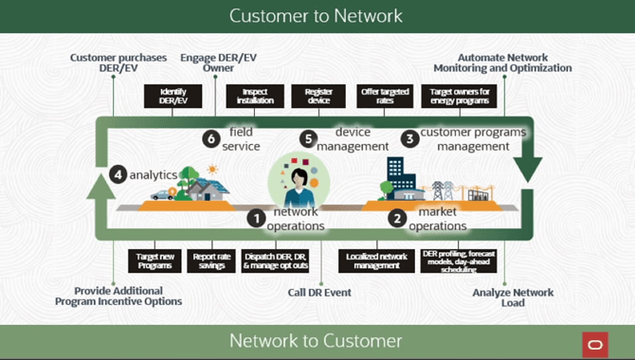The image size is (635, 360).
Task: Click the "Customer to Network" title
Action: (317, 16)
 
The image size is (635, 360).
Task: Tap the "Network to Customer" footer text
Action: (317, 340)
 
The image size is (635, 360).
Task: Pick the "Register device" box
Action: (317, 96)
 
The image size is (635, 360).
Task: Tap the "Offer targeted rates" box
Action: (384, 96)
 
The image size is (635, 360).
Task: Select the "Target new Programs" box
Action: (154, 261)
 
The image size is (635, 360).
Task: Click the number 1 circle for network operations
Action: (255, 217)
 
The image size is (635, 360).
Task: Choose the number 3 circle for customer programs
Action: (409, 138)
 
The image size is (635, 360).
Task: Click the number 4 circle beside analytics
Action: (118, 174)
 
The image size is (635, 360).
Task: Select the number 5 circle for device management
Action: (307, 138)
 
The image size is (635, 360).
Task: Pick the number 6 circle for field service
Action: (211, 138)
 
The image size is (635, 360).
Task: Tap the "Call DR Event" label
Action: (319, 293)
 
